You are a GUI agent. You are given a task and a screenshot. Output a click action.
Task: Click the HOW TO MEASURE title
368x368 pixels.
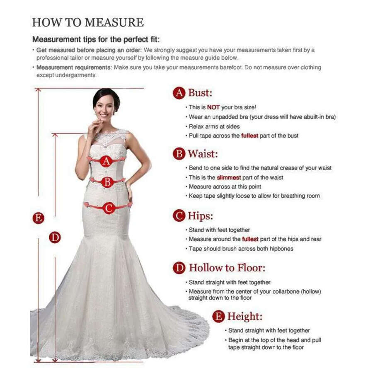pos(88,22)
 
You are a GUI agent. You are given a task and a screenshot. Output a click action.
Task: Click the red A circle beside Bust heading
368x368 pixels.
pos(179,93)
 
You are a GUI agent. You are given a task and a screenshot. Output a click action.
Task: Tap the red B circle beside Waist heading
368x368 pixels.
pos(179,154)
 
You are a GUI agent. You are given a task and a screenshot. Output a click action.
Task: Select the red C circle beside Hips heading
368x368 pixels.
pos(179,216)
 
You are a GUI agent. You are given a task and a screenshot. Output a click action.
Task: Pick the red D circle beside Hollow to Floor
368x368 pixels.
pos(179,268)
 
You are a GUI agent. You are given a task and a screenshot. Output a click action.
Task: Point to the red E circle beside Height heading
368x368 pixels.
pos(218,317)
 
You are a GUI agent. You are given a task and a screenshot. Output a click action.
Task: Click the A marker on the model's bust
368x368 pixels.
pos(107,161)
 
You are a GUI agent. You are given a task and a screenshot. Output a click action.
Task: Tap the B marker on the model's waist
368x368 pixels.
pos(107,182)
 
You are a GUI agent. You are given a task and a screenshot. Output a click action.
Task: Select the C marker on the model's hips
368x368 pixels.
pos(109,208)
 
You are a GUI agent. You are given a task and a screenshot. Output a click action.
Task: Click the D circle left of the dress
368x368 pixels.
pos(55,237)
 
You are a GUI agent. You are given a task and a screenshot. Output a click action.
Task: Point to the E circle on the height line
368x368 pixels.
pos(39,218)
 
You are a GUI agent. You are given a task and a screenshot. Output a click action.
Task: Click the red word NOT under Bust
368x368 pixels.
pos(213,107)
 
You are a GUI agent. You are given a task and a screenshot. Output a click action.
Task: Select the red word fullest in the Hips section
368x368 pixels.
pos(250,239)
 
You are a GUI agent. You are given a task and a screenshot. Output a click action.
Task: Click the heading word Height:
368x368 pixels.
pos(245,317)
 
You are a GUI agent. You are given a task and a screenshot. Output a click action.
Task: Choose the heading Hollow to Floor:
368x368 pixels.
pos(227,268)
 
